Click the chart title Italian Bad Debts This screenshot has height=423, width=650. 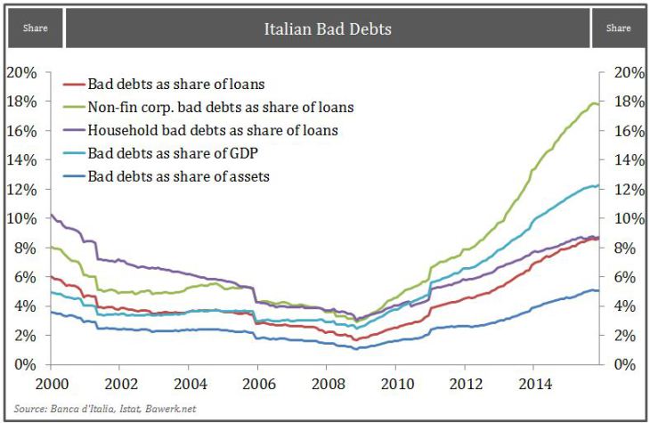(x=327, y=28)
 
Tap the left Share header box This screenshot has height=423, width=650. (x=35, y=28)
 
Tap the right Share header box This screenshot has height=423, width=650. (x=618, y=28)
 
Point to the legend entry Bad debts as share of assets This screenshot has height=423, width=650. (x=178, y=176)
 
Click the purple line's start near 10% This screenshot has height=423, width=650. (x=51, y=215)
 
